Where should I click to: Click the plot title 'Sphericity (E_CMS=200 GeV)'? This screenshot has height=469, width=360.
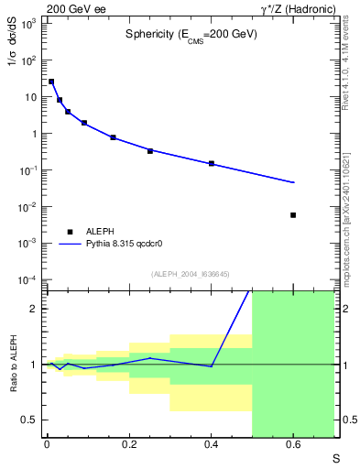pos(191,34)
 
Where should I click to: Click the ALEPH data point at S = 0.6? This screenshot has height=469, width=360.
pos(293,215)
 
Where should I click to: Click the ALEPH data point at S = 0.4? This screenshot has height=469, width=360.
pos(212,163)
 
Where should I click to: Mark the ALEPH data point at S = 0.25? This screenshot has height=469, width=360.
pos(150,150)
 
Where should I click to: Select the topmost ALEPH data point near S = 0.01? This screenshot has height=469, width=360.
pos(51,82)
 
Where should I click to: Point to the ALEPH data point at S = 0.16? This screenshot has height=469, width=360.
pos(113,137)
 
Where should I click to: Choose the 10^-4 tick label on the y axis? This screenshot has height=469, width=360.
pos(27,280)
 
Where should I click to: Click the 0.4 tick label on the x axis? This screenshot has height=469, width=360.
pos(211,446)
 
